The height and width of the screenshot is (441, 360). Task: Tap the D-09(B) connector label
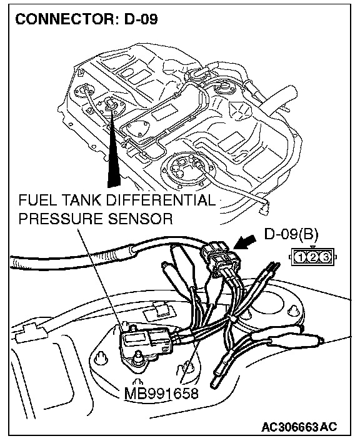point(291,234)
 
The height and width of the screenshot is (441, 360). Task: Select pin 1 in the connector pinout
point(301,257)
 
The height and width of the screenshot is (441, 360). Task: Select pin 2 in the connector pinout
point(313,257)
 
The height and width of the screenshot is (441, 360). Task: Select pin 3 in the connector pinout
point(326,257)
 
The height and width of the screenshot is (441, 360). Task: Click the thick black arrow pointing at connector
point(244,242)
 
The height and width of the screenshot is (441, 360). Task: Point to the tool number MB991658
point(161,393)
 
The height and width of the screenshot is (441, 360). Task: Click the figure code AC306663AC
point(299,427)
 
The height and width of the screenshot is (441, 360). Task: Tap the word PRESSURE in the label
point(61,219)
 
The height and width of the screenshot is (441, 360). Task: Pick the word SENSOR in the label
point(140,219)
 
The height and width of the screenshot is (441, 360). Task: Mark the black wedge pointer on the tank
point(114,149)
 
